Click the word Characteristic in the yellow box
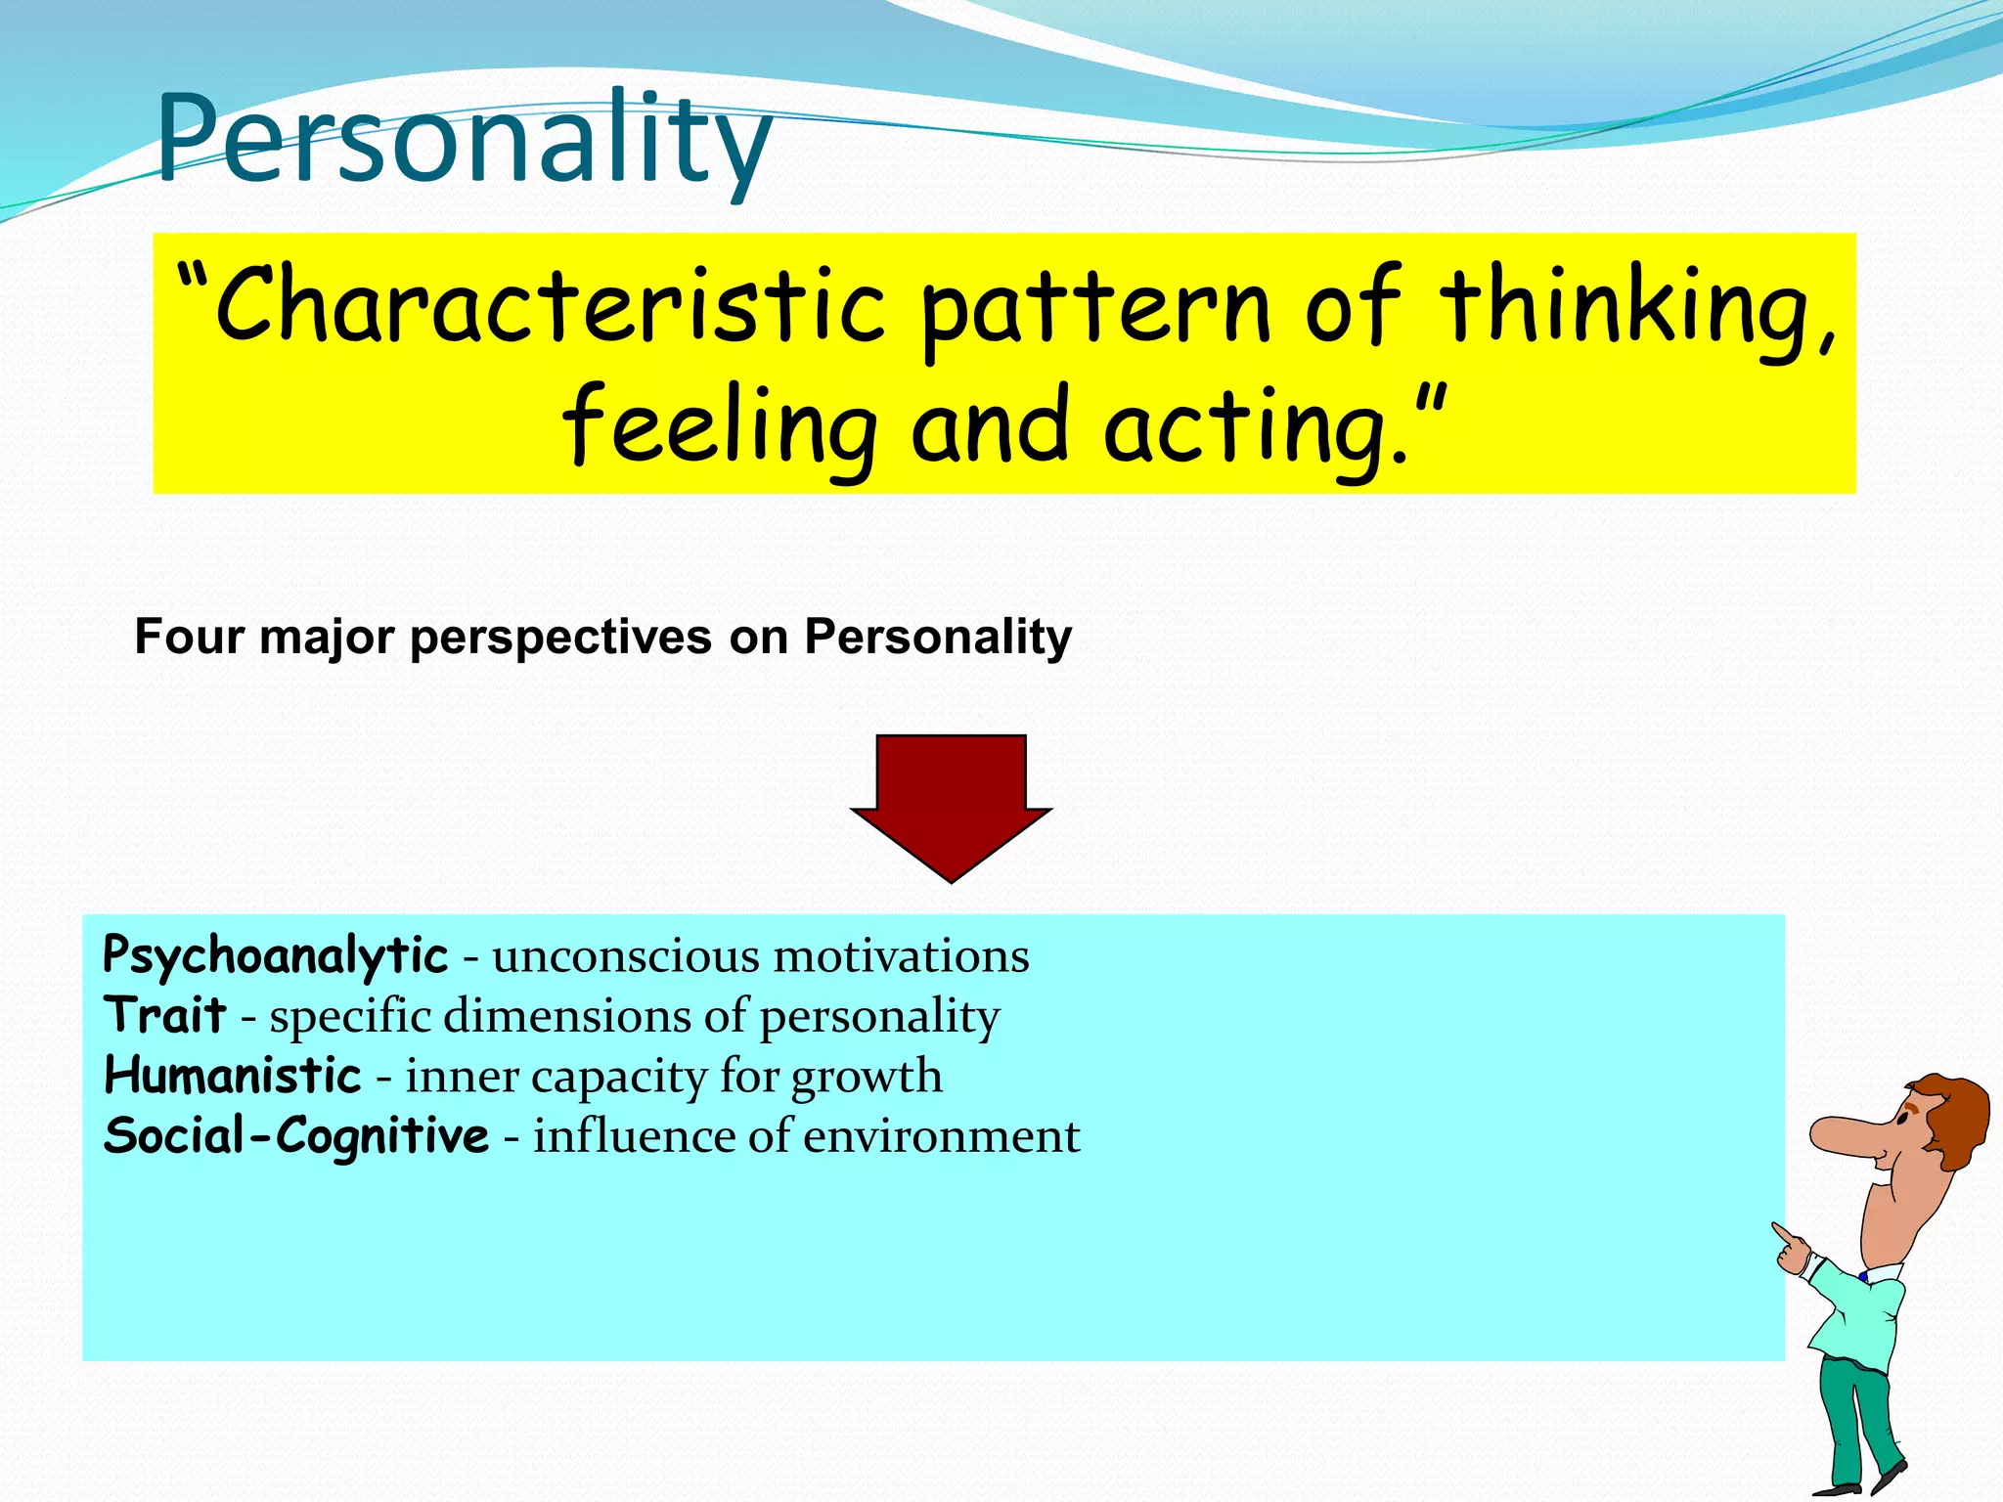[548, 306]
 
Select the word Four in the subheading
[189, 637]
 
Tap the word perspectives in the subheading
[560, 639]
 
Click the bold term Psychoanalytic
[275, 955]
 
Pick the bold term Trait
[165, 1014]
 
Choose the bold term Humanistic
[233, 1076]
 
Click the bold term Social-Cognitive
[295, 1136]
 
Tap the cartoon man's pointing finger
[1782, 1233]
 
